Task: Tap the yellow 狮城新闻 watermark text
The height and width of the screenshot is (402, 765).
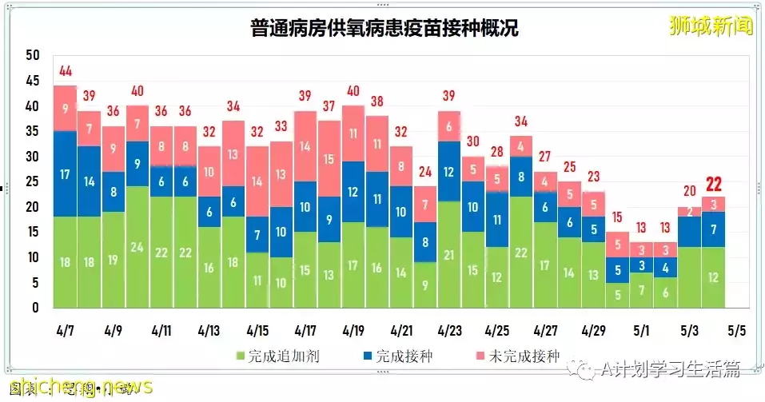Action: click(x=711, y=26)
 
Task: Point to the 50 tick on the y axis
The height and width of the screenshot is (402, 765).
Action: click(x=32, y=55)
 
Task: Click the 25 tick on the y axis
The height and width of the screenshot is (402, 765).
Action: click(x=32, y=181)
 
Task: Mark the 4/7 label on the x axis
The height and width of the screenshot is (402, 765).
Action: click(x=66, y=329)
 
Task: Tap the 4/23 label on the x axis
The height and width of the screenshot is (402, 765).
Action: click(x=449, y=329)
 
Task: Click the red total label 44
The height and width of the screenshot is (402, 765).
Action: click(x=65, y=73)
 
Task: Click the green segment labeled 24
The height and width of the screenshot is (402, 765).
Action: click(x=137, y=246)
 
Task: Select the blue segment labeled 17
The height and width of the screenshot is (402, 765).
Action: click(x=65, y=173)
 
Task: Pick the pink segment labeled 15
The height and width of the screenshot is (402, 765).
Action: click(x=329, y=159)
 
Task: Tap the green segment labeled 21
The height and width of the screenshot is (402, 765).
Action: click(x=449, y=254)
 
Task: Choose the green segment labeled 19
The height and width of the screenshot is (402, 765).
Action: click(x=113, y=259)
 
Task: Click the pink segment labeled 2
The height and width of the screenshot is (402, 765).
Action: click(x=689, y=212)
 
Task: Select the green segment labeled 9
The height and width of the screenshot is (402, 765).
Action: click(x=425, y=285)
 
